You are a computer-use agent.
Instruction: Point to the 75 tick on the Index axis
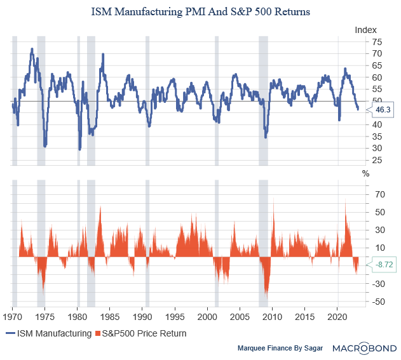(377, 42)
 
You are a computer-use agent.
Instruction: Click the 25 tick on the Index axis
(377, 160)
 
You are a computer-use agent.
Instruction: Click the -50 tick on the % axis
(377, 302)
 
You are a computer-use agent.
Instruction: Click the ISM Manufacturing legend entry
(48, 333)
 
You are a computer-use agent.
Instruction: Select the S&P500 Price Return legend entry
(140, 333)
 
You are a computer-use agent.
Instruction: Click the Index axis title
(365, 30)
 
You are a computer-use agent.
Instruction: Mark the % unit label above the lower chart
(365, 173)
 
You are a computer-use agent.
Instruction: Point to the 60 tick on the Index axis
(377, 77)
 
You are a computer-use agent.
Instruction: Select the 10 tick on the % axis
(377, 248)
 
